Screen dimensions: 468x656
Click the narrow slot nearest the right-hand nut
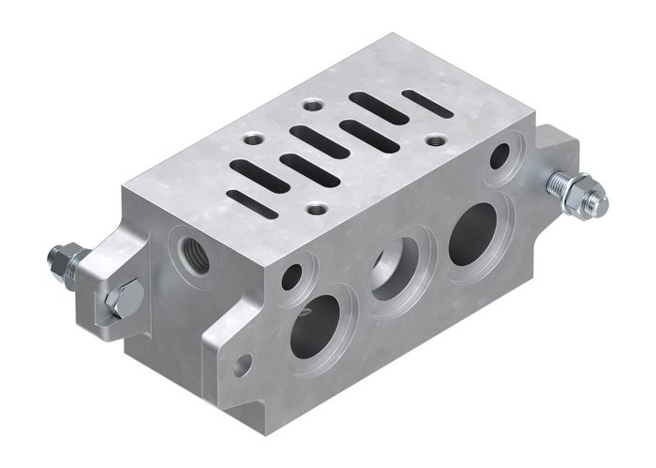427,103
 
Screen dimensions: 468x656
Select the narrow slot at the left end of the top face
252,204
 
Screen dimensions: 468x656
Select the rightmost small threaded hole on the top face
436,140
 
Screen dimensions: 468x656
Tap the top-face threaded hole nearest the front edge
318,208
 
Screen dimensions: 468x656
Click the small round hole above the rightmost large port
499,155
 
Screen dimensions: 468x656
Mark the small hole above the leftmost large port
291,276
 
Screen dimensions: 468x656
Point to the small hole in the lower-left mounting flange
243,364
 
